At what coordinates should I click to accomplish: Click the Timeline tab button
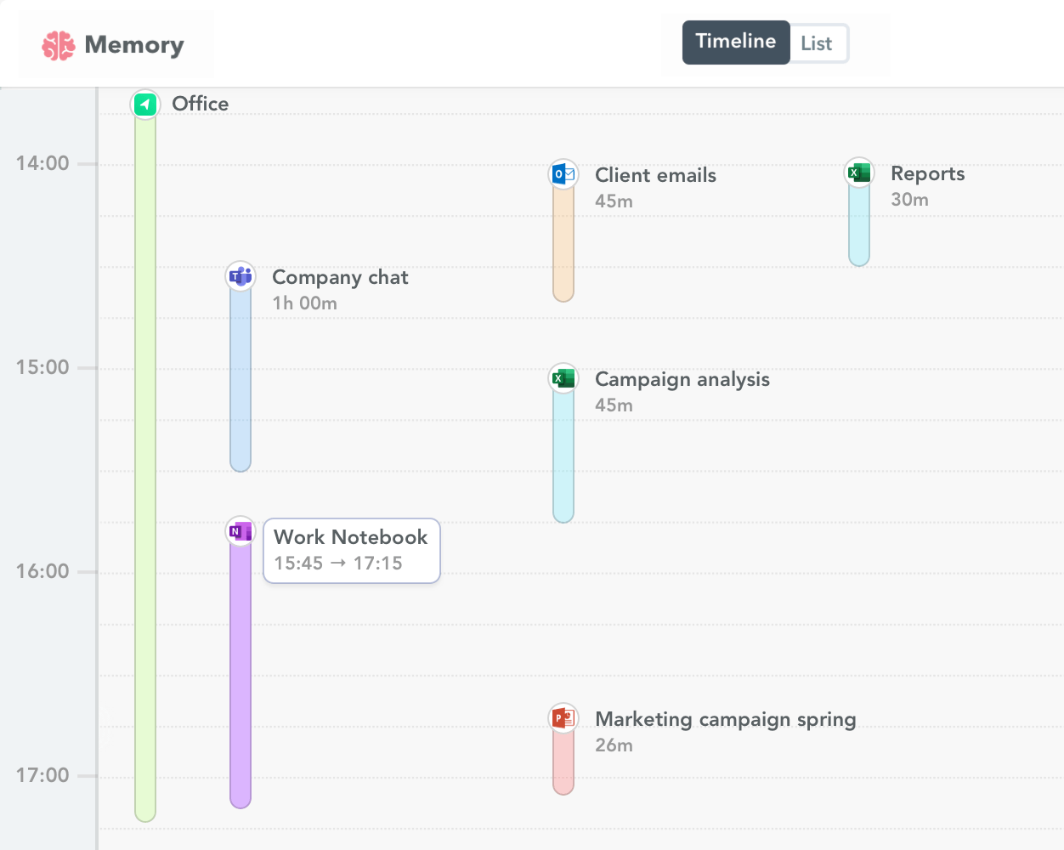pos(735,42)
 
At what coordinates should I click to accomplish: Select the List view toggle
pos(817,43)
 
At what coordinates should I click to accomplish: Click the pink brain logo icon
pos(59,45)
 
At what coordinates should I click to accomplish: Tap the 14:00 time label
pos(42,163)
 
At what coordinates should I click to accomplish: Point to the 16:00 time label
pos(42,571)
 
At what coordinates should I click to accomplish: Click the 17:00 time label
pos(42,775)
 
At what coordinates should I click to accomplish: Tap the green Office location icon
pos(145,104)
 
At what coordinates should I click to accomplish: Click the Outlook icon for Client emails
pos(563,174)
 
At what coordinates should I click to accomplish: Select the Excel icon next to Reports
pos(859,173)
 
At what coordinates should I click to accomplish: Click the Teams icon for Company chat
pos(241,276)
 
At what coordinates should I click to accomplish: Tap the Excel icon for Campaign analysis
pos(563,378)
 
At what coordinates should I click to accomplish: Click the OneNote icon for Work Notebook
pos(241,531)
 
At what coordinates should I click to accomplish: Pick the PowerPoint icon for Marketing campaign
pos(563,718)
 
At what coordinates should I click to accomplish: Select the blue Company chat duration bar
pos(241,382)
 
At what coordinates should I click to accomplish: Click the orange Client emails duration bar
pos(563,246)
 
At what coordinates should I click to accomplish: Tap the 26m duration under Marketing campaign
pos(614,745)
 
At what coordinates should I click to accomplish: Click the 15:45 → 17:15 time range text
pos(338,564)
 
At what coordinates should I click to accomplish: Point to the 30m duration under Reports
pos(909,200)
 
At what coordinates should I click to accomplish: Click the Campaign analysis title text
pos(682,379)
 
